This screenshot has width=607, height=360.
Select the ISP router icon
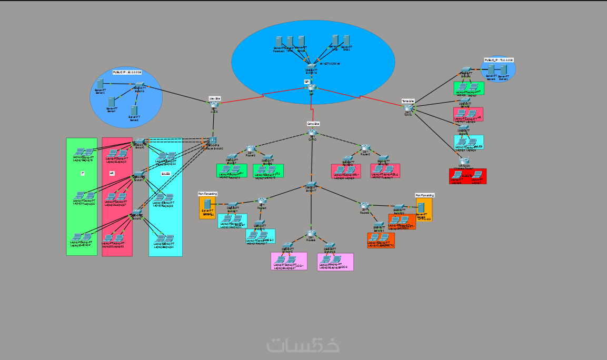[x=312, y=87]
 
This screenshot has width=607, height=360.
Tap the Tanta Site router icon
[x=409, y=108]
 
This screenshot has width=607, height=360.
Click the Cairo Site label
[x=313, y=124]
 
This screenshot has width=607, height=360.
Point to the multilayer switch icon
[x=212, y=141]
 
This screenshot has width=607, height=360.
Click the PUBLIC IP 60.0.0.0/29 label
[x=127, y=72]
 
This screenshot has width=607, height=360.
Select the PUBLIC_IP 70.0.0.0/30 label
[x=499, y=61]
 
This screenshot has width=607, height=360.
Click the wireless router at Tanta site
[x=464, y=161]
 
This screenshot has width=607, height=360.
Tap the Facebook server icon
[x=279, y=41]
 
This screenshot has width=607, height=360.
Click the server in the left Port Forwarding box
[x=207, y=204]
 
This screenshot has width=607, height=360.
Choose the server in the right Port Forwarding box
[x=421, y=207]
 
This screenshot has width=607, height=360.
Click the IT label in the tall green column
[x=82, y=173]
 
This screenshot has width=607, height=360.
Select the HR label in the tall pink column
[x=112, y=173]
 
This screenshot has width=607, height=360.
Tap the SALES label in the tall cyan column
[x=165, y=173]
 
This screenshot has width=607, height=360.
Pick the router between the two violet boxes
[x=311, y=233]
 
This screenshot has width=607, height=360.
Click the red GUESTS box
[x=467, y=176]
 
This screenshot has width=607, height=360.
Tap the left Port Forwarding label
[x=207, y=194]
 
